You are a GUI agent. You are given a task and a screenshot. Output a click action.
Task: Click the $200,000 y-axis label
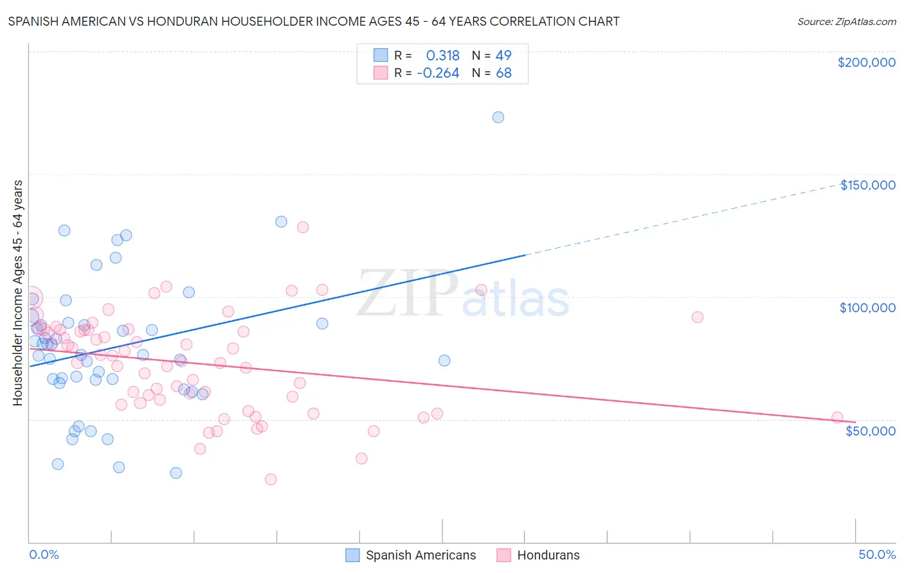tap(866, 62)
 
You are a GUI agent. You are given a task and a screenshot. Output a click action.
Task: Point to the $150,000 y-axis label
tap(867, 185)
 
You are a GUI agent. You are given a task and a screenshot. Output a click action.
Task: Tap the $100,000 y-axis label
tap(867, 308)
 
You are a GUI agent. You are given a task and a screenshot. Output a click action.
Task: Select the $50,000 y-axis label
tap(870, 430)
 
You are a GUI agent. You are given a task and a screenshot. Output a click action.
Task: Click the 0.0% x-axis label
tap(44, 554)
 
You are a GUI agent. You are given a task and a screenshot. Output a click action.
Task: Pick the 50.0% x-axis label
tap(877, 554)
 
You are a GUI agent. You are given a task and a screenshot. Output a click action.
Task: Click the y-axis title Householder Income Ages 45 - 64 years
tap(17, 293)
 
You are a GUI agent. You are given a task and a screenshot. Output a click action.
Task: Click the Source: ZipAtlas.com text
tap(846, 21)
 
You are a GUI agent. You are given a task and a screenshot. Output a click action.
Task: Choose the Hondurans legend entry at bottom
tap(548, 555)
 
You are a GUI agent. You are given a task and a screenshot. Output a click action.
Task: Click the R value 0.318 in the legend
tap(442, 55)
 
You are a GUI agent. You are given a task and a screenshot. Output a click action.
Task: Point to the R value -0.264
tap(438, 73)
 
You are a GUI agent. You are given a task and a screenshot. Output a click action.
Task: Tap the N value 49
tap(503, 55)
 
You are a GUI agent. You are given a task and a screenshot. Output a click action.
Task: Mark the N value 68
tap(503, 73)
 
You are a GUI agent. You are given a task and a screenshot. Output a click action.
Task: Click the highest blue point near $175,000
tap(498, 117)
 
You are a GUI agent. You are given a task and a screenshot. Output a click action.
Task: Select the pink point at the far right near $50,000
tap(837, 418)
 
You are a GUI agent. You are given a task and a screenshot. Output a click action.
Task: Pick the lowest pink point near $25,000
tap(271, 479)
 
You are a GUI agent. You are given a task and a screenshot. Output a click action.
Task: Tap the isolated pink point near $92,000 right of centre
tap(698, 317)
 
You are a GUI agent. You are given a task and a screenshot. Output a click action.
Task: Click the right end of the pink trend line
tap(856, 422)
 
